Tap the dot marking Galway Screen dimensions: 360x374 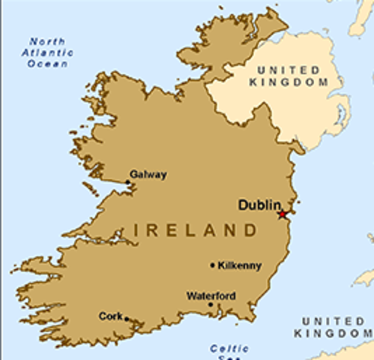pyautogui.click(x=128, y=182)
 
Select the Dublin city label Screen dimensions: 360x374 pyautogui.click(x=259, y=204)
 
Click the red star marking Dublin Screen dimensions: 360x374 pyautogui.click(x=282, y=214)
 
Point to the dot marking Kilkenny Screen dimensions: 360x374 pyautogui.click(x=213, y=265)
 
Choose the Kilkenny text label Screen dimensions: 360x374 pyautogui.click(x=238, y=265)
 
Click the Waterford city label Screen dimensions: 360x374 pyautogui.click(x=211, y=295)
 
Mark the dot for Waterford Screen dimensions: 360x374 pyautogui.click(x=211, y=305)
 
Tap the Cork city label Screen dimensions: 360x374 pyautogui.click(x=110, y=316)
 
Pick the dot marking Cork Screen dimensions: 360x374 pyautogui.click(x=127, y=319)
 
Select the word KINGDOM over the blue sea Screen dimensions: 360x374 pyautogui.click(x=334, y=331)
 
